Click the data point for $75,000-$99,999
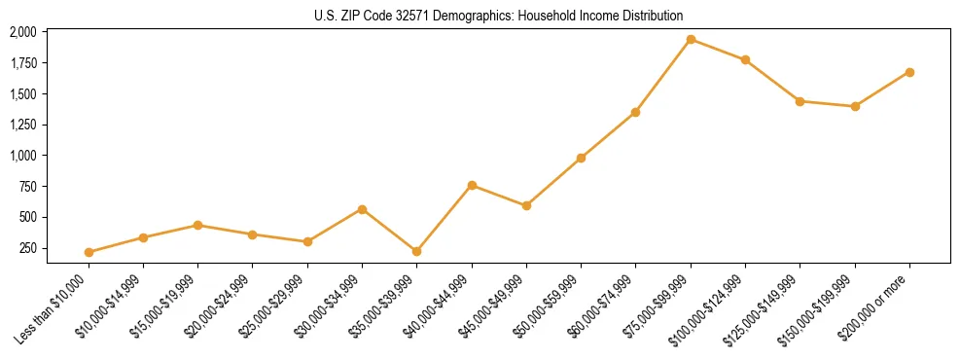tap(691, 40)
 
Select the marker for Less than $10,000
tap(89, 252)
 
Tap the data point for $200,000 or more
tap(909, 72)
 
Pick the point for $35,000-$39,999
tap(417, 251)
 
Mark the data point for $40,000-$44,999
tap(472, 185)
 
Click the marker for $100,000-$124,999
tap(745, 59)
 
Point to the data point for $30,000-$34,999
tap(362, 209)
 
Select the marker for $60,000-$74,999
tap(635, 113)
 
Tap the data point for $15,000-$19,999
tap(198, 225)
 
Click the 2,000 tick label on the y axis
tap(22, 32)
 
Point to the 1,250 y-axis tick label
tap(22, 125)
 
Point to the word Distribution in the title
tap(652, 16)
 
